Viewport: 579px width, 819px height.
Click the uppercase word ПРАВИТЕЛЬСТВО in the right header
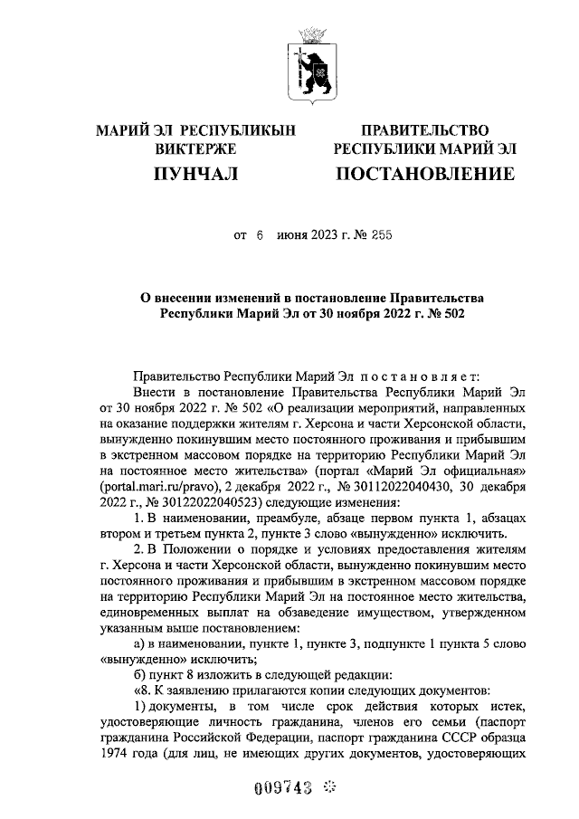coord(424,130)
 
